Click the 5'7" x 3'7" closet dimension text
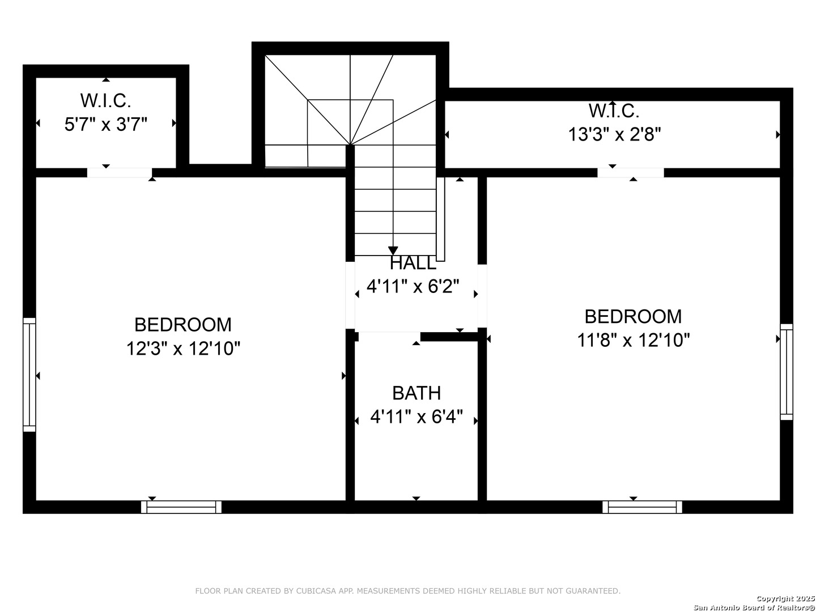[106, 124]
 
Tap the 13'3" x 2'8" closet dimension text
[614, 134]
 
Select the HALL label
[413, 263]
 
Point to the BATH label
[416, 393]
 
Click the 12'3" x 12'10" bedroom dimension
[183, 348]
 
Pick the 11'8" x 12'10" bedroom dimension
[633, 339]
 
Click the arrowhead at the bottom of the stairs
[393, 251]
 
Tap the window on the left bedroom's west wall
[29, 375]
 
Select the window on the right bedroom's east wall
[787, 372]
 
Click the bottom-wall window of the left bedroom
[181, 507]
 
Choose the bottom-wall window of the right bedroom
[642, 507]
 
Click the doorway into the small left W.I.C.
[120, 173]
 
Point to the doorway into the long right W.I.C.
[631, 173]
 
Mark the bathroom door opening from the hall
[389, 337]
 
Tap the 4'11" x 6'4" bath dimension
[416, 416]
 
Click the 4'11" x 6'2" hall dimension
[413, 287]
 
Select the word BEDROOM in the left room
[183, 325]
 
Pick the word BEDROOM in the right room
[633, 317]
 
